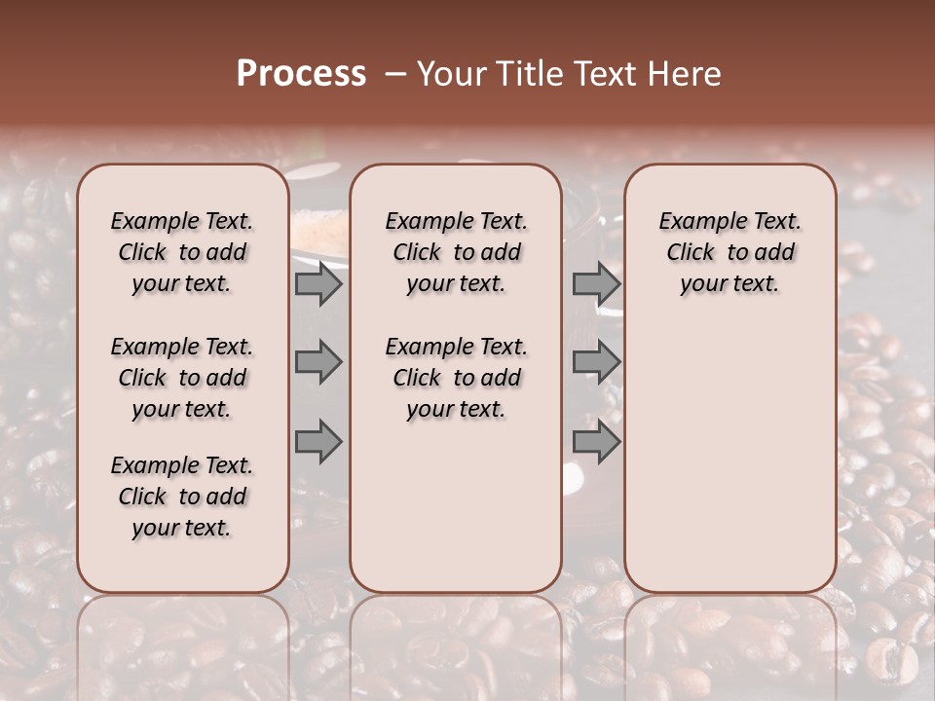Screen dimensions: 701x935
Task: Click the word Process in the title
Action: click(x=301, y=73)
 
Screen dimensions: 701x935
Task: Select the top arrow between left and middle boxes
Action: click(x=318, y=283)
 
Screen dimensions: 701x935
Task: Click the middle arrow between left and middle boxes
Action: click(x=318, y=362)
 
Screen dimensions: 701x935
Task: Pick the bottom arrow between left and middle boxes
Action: click(x=318, y=442)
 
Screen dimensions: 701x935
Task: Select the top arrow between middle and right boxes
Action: click(x=596, y=283)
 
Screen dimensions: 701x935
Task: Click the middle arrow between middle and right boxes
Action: click(x=596, y=362)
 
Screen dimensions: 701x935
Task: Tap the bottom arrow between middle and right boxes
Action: click(x=596, y=442)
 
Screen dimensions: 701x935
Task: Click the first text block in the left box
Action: click(x=182, y=252)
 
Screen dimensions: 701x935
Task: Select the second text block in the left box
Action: click(x=182, y=378)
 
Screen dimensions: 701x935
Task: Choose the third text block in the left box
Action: click(x=182, y=497)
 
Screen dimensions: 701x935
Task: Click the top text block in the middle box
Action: click(x=456, y=252)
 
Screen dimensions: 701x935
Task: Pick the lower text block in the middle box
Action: click(x=456, y=378)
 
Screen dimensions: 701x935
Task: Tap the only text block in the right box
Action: click(x=729, y=252)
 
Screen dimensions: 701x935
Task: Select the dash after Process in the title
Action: click(x=395, y=73)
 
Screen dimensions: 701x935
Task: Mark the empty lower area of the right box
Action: click(x=729, y=448)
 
